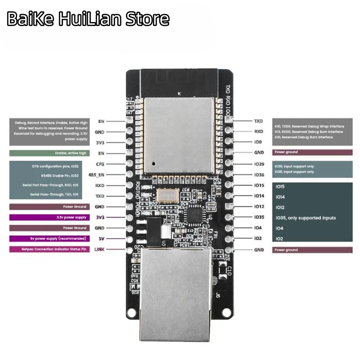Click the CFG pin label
coord(100,164)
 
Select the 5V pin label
coord(102,238)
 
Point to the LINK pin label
coord(99,249)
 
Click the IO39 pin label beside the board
coord(259,164)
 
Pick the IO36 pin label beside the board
coord(259,175)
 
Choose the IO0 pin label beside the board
coord(258,142)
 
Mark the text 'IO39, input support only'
coord(294,166)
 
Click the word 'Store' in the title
coord(148,18)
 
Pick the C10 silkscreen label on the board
coord(229,270)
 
